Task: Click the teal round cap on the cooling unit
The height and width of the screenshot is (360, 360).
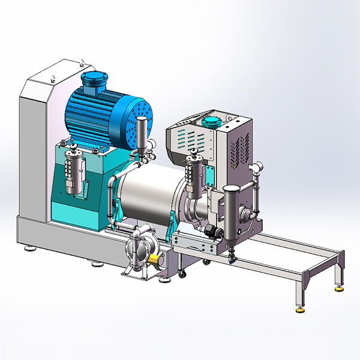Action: (211, 122)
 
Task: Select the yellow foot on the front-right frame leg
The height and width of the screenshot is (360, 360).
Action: (298, 310)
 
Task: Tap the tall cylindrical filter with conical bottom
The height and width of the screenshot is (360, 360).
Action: (231, 216)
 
